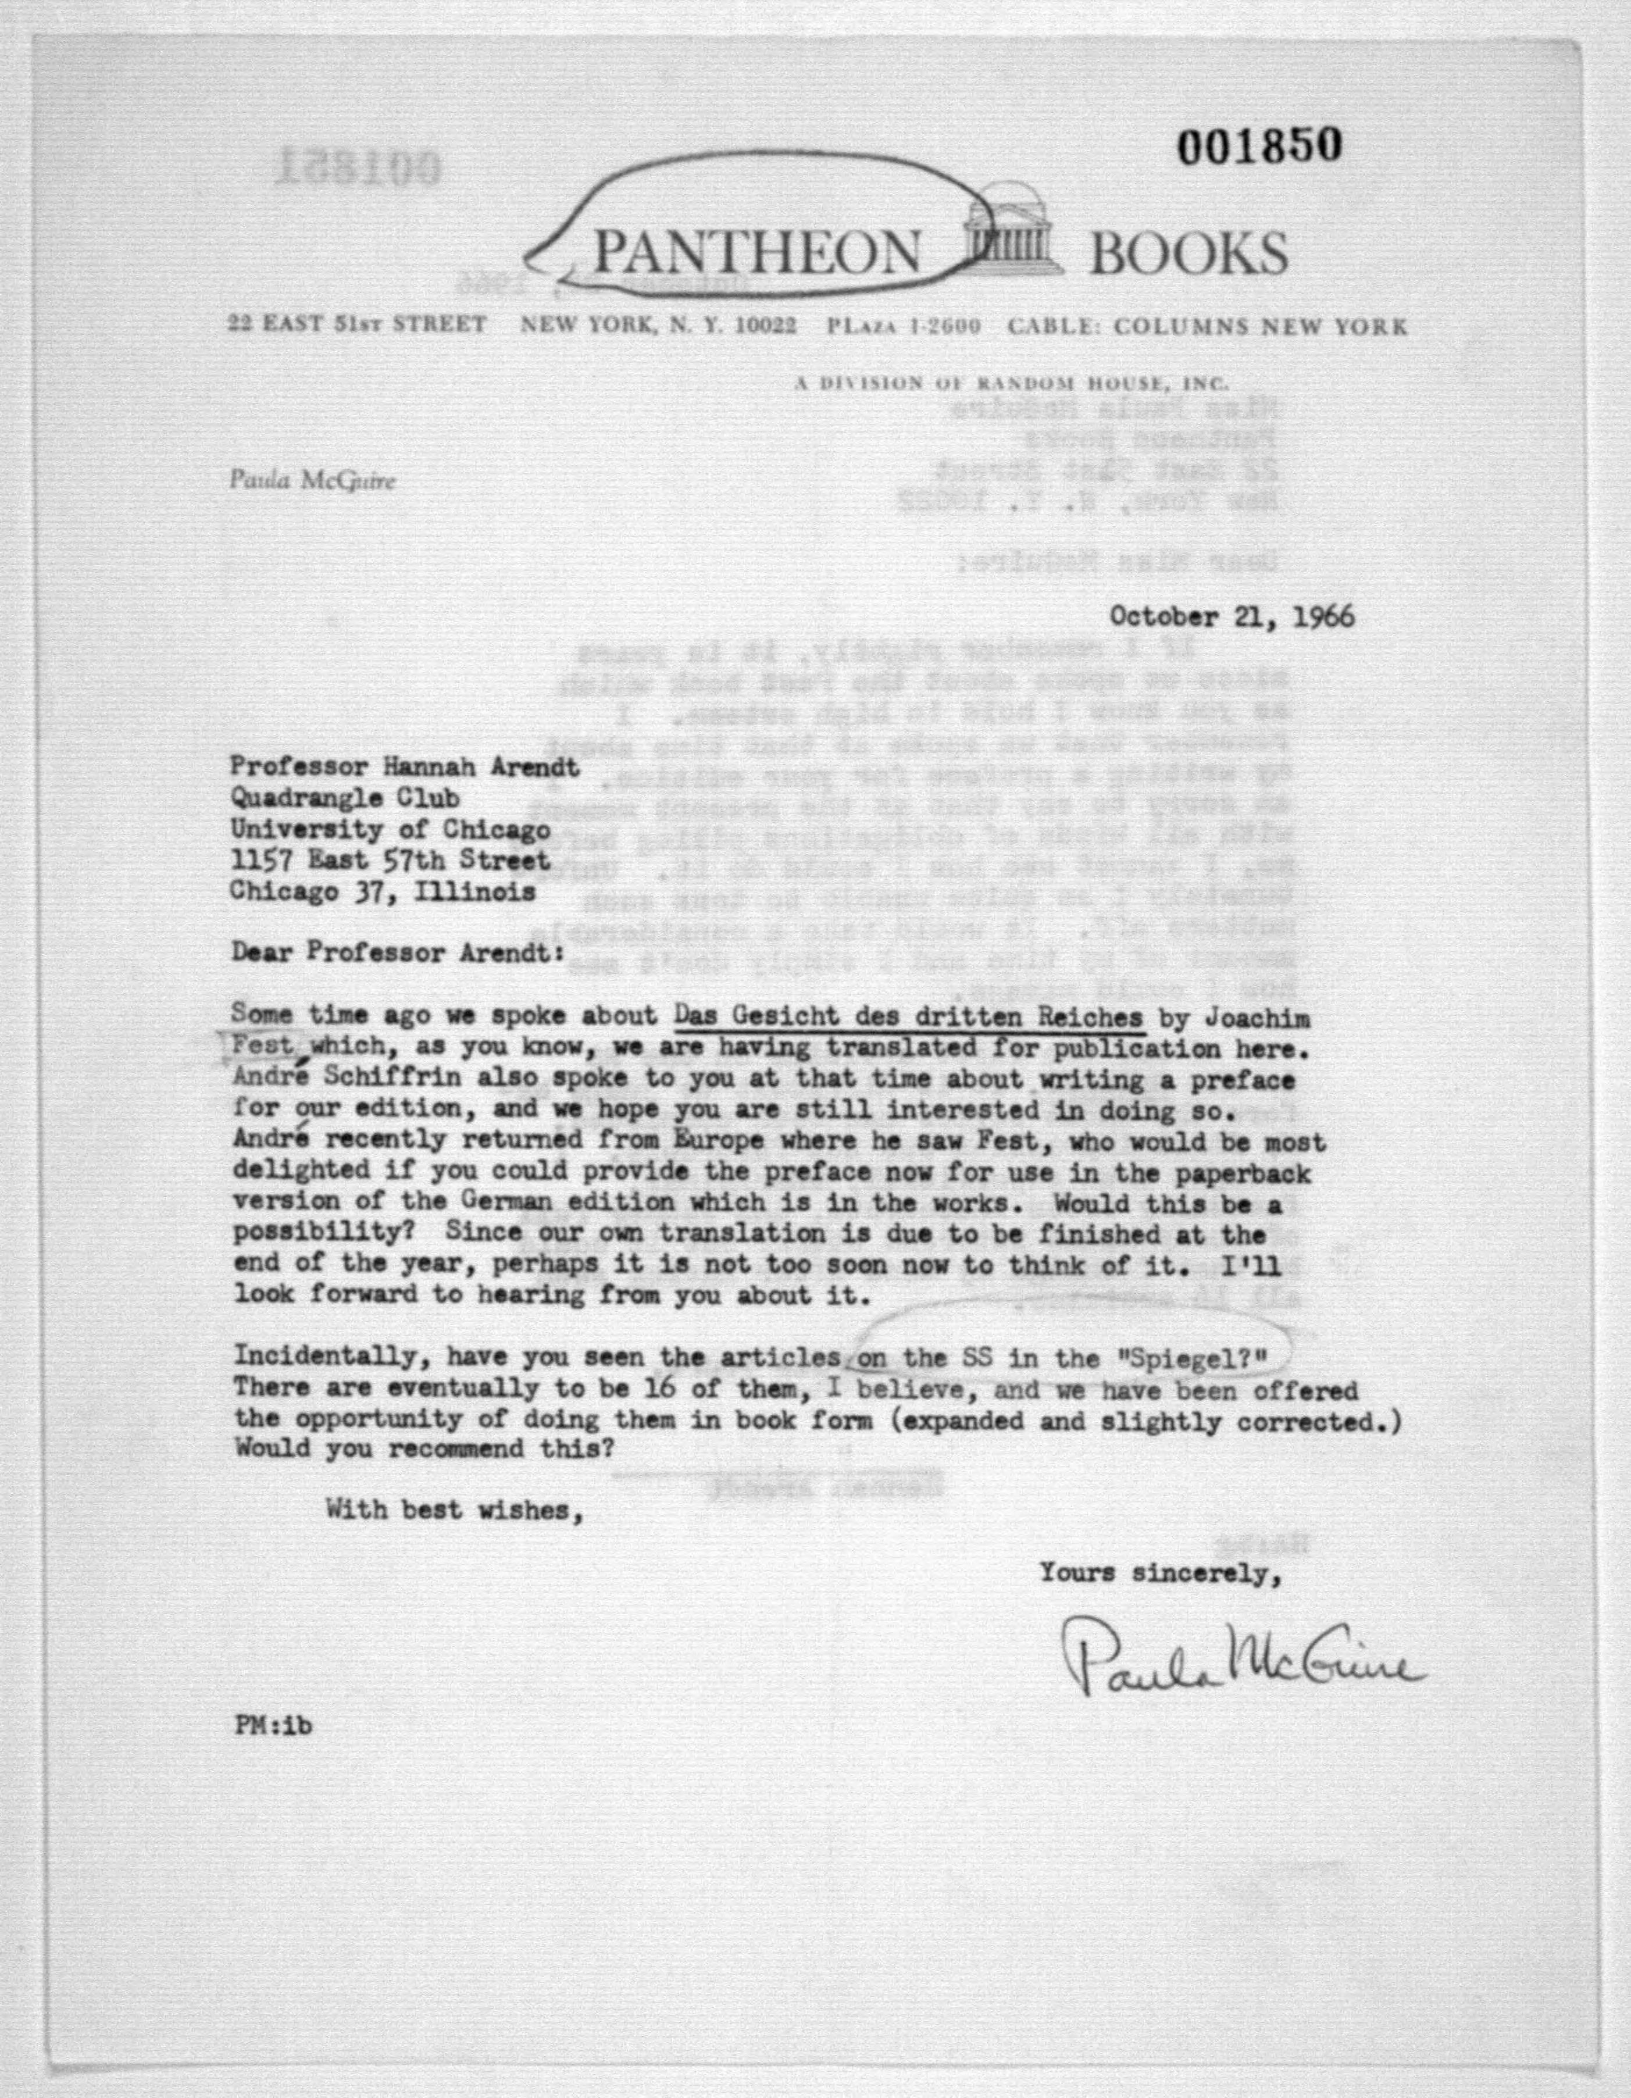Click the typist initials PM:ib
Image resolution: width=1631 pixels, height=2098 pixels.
coord(273,1724)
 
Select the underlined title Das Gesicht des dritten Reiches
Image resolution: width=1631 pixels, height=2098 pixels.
coord(908,1016)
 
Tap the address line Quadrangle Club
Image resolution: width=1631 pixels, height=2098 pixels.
coord(344,797)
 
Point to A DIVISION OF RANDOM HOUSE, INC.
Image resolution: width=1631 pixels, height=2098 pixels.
coord(1011,383)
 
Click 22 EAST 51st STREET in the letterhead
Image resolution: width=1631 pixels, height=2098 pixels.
coord(356,324)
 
